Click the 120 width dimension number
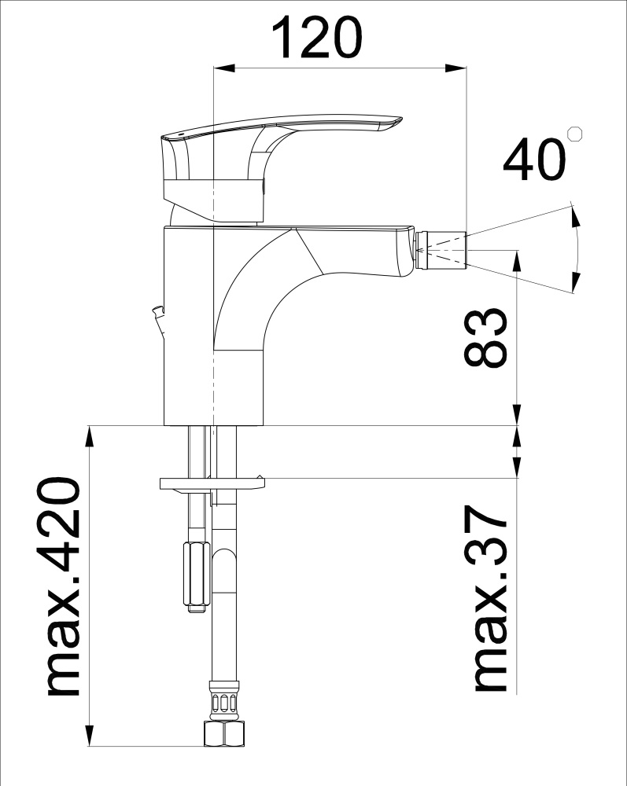pyautogui.click(x=316, y=37)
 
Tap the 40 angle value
pyautogui.click(x=533, y=160)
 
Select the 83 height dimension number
pyautogui.click(x=485, y=337)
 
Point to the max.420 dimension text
pyautogui.click(x=63, y=586)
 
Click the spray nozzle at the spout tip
pyautogui.click(x=441, y=250)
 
